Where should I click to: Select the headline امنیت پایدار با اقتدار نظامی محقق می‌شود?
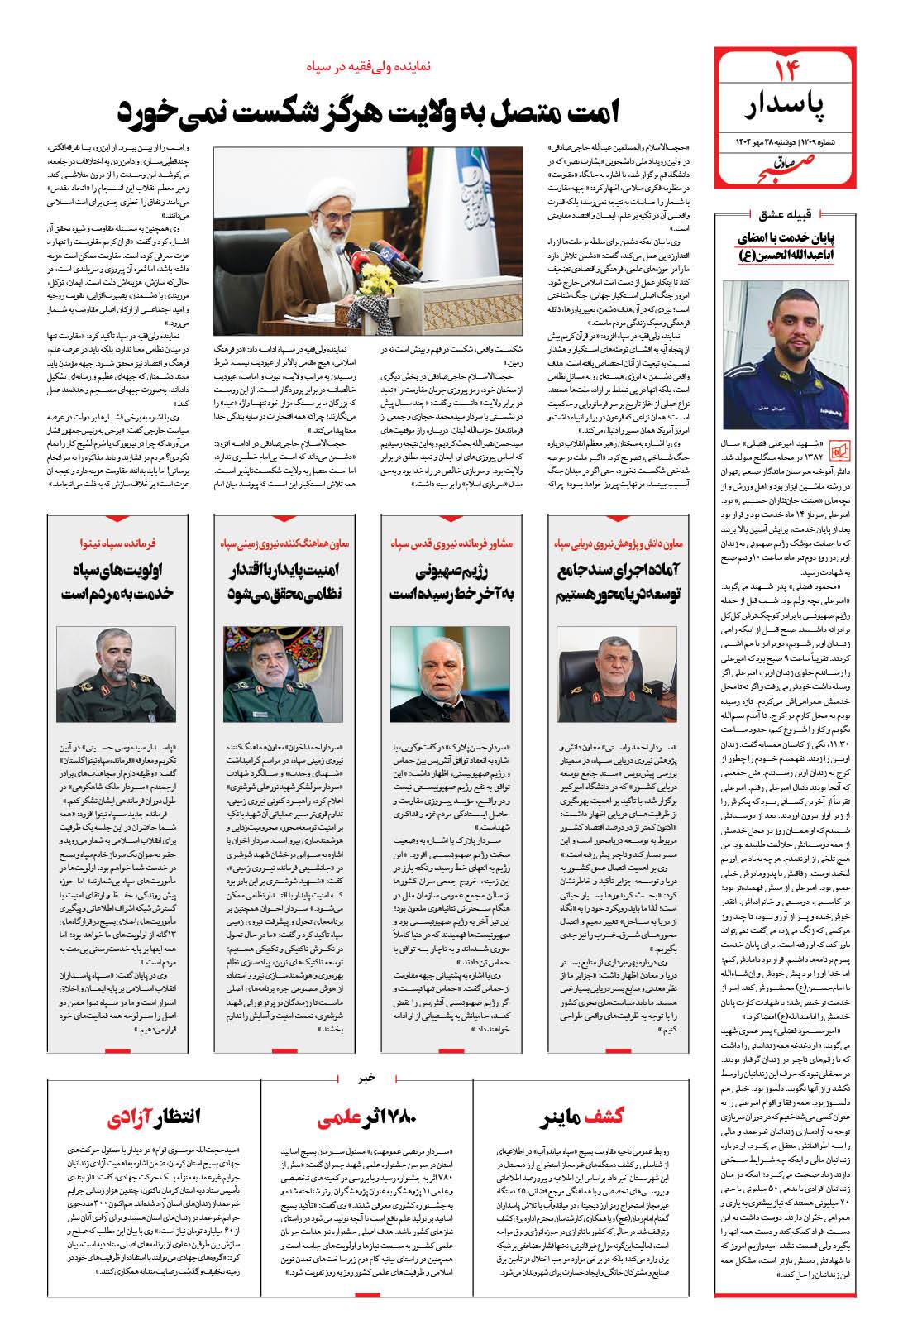pos(284,583)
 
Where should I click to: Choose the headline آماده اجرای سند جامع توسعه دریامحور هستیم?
pos(617,583)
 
